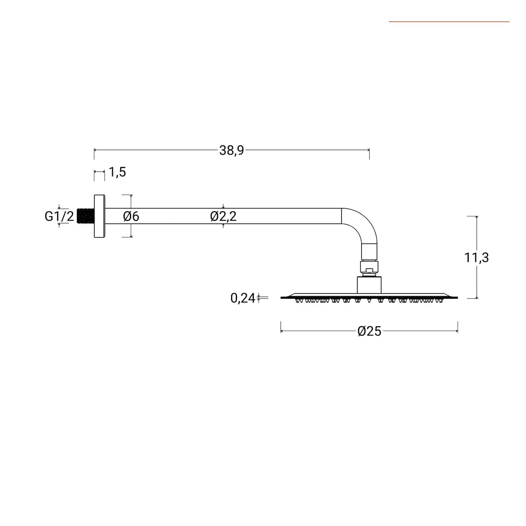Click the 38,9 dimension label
pyautogui.click(x=232, y=150)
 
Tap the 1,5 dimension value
pyautogui.click(x=117, y=172)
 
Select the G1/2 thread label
pyautogui.click(x=60, y=216)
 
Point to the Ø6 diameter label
pyautogui.click(x=131, y=216)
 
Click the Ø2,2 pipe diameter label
pyautogui.click(x=223, y=216)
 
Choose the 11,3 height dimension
pyautogui.click(x=476, y=257)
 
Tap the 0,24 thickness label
pyautogui.click(x=243, y=298)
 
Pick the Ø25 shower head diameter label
pyautogui.click(x=369, y=331)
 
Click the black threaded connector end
pyautogui.click(x=85, y=216)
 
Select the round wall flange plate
pyautogui.click(x=100, y=216)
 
